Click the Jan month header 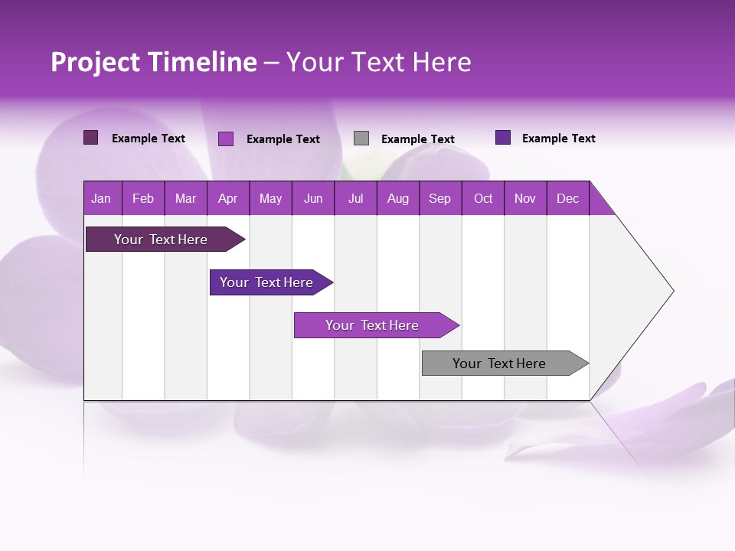tap(101, 198)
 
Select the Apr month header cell tap(227, 198)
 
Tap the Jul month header tap(355, 198)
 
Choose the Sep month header tap(439, 198)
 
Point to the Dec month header tap(567, 198)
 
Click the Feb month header tap(143, 198)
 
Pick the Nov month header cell tap(524, 198)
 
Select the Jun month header tap(312, 198)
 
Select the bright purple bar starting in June tap(373, 325)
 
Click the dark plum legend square tap(90, 138)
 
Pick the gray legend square tap(361, 139)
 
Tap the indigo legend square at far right tap(503, 138)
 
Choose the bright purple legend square tap(226, 139)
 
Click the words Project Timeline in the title tap(153, 62)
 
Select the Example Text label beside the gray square tap(417, 139)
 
